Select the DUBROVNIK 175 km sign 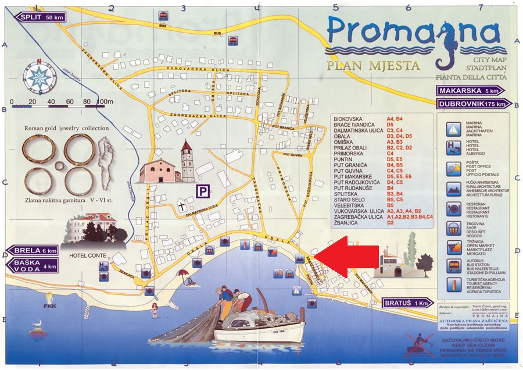pos(474,104)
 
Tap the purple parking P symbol pos(202,191)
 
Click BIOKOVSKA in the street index pos(348,119)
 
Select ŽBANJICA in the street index pos(347,222)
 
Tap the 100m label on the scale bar pos(105,102)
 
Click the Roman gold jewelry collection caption pos(66,128)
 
